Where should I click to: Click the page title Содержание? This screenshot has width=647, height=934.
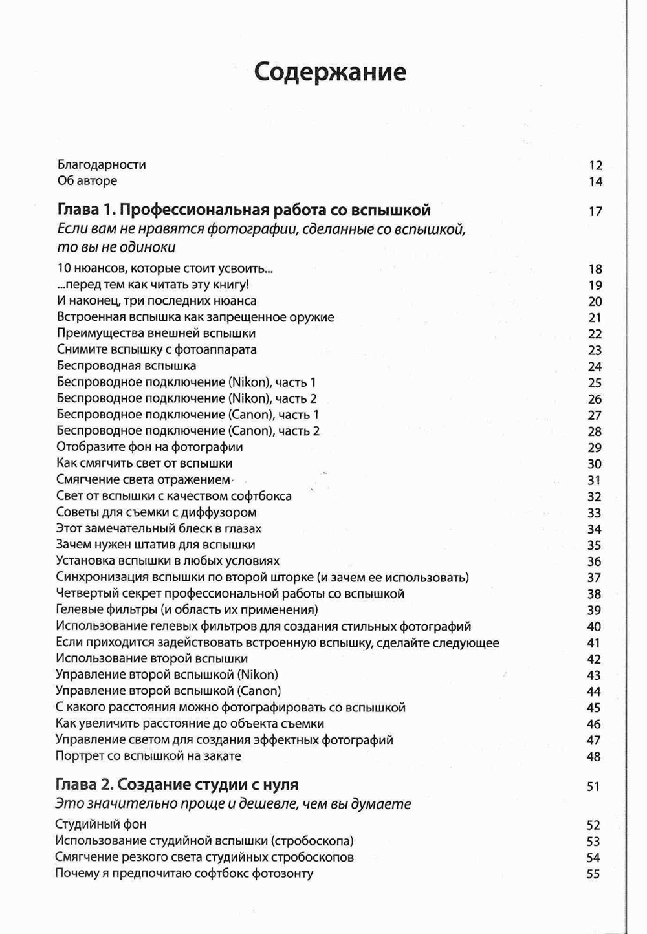tap(330, 72)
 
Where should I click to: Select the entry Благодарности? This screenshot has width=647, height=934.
tap(102, 165)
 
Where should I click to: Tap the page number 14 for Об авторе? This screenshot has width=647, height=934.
tap(595, 182)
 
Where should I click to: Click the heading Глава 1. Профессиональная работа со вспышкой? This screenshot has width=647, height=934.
tap(244, 210)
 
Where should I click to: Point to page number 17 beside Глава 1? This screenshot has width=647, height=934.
tap(595, 212)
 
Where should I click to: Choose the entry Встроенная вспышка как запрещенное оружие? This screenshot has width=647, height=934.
tap(195, 317)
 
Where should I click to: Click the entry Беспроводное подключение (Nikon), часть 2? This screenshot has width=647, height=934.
tap(186, 398)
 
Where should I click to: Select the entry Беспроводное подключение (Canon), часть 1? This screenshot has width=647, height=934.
tap(188, 415)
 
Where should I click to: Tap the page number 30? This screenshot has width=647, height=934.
tap(595, 464)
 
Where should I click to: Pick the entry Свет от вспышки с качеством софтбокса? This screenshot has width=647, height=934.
tap(174, 496)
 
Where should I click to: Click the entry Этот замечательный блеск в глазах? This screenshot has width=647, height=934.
tap(159, 528)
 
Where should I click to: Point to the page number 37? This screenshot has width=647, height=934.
tap(594, 578)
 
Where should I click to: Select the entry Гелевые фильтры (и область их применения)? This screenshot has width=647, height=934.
tap(187, 610)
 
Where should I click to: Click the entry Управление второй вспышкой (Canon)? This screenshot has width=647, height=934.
tap(168, 691)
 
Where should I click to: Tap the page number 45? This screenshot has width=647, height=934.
tap(593, 708)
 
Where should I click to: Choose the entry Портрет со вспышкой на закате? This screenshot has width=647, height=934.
tap(148, 756)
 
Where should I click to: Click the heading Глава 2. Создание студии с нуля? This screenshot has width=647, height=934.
tap(177, 785)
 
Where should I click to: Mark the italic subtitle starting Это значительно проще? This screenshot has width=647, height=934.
tap(233, 805)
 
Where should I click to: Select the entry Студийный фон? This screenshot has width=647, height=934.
tap(101, 825)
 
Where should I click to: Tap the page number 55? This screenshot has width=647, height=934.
tap(593, 874)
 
